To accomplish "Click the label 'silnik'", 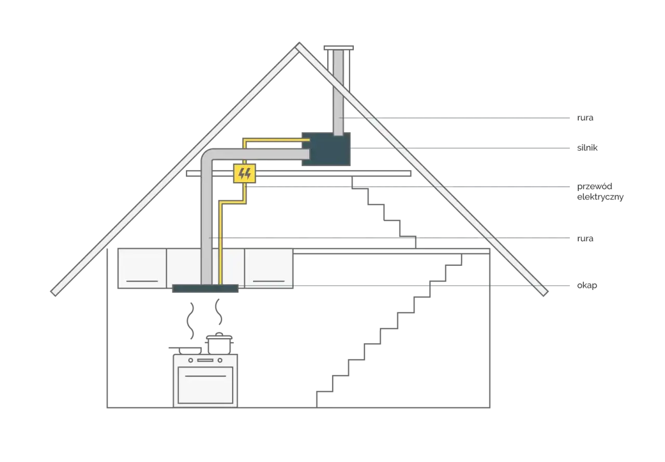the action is (x=587, y=148).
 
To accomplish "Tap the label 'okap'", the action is (x=587, y=286).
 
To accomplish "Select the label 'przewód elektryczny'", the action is (x=600, y=191).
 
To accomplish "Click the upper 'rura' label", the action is (x=585, y=118).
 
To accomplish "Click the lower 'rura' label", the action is (x=585, y=238).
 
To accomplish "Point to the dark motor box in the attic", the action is (x=326, y=149).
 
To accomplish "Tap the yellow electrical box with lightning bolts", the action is (x=244, y=173).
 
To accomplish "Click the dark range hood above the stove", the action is (x=205, y=288).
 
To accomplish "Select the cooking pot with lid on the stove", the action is (x=219, y=343).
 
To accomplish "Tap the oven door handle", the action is (x=205, y=376).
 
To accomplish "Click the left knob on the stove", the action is (x=191, y=361).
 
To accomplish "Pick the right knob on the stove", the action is (x=220, y=361).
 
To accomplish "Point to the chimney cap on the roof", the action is (x=339, y=48).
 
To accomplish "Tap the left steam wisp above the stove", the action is (x=190, y=321).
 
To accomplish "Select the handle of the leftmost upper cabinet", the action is (x=142, y=281).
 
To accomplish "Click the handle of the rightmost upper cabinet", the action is (x=269, y=281).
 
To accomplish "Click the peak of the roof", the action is (x=299, y=43).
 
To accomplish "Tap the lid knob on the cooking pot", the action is (x=219, y=334).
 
